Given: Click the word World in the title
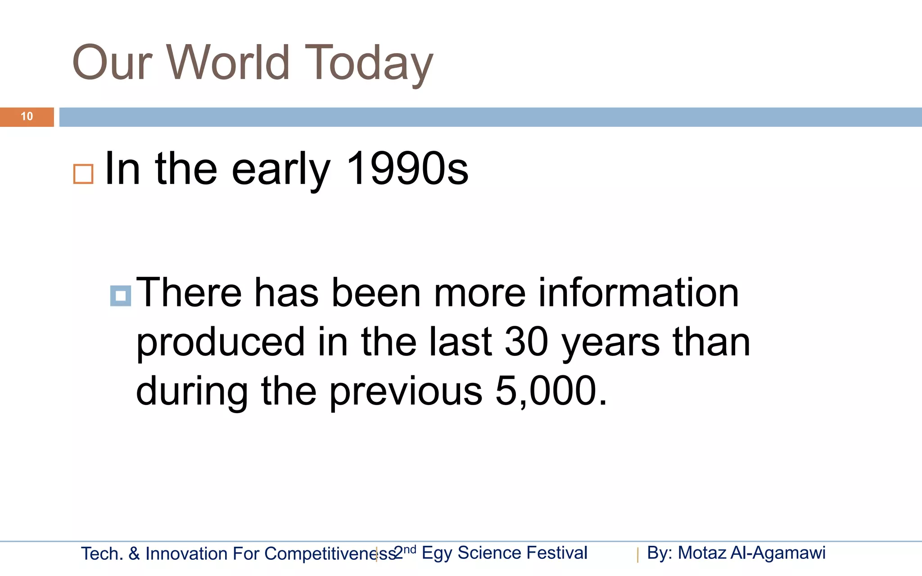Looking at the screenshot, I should click(x=228, y=63).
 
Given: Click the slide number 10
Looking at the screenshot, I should click(x=27, y=117).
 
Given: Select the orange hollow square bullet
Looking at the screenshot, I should click(x=83, y=174).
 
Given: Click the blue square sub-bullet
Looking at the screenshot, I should click(x=121, y=296).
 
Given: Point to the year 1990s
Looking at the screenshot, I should click(x=407, y=169).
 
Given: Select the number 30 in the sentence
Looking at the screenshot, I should click(x=526, y=342).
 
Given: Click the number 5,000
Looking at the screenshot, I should click(x=551, y=391).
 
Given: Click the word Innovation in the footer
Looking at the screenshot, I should click(x=186, y=553).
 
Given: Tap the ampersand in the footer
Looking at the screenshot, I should click(x=134, y=553).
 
